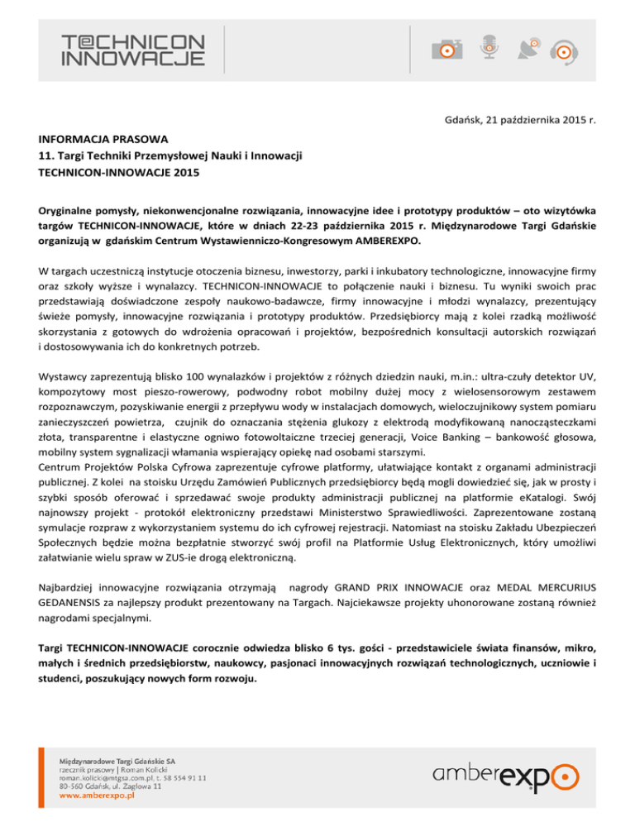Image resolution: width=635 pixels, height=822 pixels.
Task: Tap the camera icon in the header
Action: point(446,48)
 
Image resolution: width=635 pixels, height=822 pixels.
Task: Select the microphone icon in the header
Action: point(489,47)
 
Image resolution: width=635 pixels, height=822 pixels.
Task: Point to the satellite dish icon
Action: point(530,48)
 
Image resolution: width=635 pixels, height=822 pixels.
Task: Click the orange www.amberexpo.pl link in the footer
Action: point(96,798)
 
